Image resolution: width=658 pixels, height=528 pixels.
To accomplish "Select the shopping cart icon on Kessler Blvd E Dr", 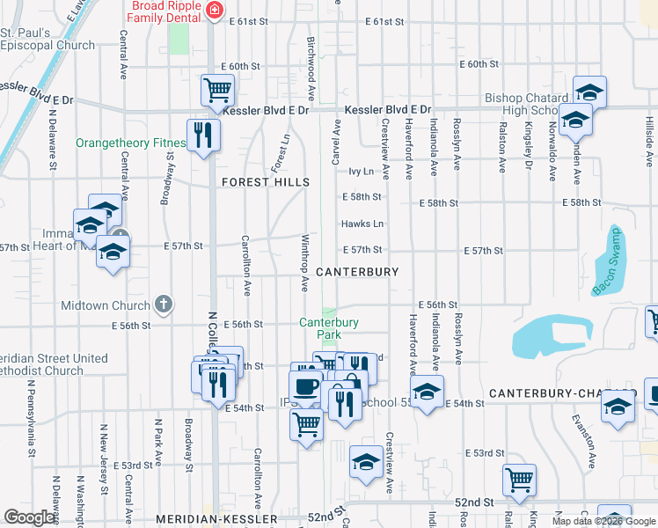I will click(x=217, y=89).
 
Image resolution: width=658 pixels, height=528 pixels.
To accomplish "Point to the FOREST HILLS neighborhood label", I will click(x=265, y=182).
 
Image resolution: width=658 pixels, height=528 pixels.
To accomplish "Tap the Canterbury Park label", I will click(x=328, y=328).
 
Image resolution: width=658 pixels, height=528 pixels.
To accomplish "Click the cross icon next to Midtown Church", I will click(x=162, y=305).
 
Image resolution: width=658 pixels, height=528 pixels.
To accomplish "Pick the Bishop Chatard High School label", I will click(x=529, y=105).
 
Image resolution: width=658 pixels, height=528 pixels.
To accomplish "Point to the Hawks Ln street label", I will click(x=362, y=224).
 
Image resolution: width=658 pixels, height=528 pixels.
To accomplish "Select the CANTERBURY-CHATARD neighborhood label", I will click(x=562, y=392).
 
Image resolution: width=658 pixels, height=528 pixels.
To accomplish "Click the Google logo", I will click(x=30, y=517).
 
